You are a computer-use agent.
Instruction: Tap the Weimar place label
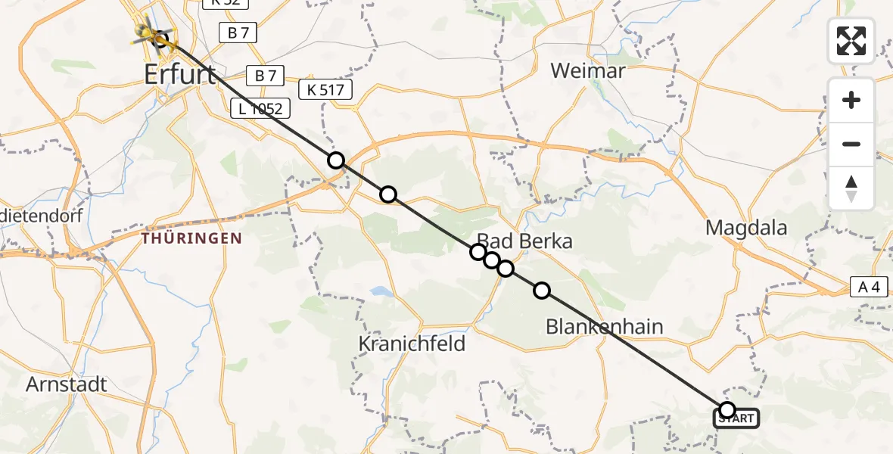[x=588, y=71]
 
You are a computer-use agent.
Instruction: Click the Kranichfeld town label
[x=412, y=344]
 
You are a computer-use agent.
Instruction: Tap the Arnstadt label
[x=67, y=384]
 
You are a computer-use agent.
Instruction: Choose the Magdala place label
[x=746, y=227]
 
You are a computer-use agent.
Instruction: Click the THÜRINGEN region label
[x=191, y=238]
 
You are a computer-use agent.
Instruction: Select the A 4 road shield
[x=868, y=286]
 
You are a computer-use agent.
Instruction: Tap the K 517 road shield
[x=325, y=90]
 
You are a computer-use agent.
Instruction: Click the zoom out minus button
[x=851, y=144]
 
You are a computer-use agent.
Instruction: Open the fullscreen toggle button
[x=851, y=40]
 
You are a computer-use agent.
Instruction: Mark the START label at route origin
[x=736, y=418]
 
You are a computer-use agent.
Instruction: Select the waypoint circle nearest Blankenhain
[x=542, y=290]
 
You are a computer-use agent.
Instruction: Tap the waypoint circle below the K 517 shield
[x=335, y=160]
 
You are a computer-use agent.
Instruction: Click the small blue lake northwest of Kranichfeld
[x=378, y=291]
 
